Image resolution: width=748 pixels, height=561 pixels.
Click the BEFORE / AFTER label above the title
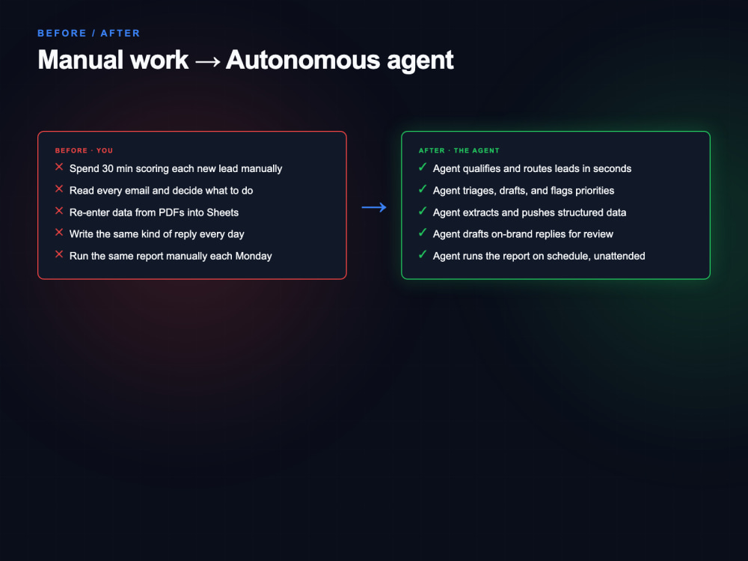click(89, 34)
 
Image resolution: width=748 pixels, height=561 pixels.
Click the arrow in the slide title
click(207, 61)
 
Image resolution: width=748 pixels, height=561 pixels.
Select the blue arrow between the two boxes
click(374, 207)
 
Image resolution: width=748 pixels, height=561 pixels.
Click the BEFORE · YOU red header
click(84, 151)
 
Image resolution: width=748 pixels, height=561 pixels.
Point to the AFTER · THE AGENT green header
click(459, 151)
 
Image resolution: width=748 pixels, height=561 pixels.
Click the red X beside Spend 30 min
click(59, 167)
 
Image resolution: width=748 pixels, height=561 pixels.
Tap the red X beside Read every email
click(59, 189)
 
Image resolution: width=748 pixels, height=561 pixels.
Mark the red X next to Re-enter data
click(59, 211)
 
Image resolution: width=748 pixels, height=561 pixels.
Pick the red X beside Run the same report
click(59, 254)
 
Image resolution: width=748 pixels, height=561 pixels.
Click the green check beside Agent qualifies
click(423, 167)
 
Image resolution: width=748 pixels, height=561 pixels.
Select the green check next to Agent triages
click(423, 189)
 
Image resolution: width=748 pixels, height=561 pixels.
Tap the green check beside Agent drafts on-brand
click(423, 233)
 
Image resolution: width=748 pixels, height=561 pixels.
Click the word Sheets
click(222, 212)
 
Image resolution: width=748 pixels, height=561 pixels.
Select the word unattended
click(619, 256)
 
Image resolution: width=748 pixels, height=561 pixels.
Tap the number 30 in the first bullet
click(107, 168)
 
